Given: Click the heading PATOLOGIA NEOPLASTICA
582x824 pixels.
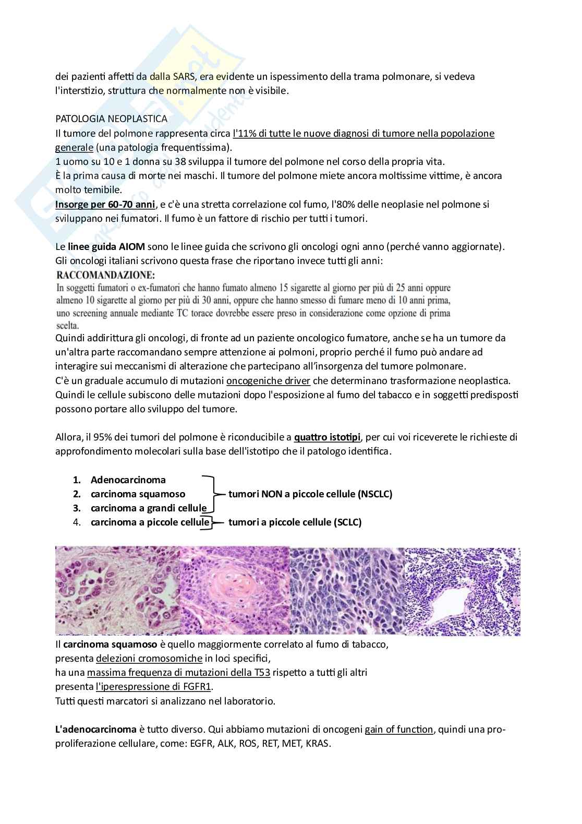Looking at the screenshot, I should pyautogui.click(x=111, y=119).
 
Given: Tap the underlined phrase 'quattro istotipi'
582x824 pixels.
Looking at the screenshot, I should pyautogui.click(x=327, y=437).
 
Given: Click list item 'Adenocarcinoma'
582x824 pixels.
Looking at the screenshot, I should pyautogui.click(x=128, y=480).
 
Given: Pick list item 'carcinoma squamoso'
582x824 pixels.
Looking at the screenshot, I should pyautogui.click(x=138, y=494).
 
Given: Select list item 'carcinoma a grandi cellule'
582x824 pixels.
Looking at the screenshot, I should pyautogui.click(x=148, y=508).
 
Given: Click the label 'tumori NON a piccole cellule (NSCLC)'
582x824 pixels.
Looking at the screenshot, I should pyautogui.click(x=310, y=494).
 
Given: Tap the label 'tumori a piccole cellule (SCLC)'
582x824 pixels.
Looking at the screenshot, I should pyautogui.click(x=295, y=522).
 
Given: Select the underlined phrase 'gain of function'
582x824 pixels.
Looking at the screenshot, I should pyautogui.click(x=398, y=729).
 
